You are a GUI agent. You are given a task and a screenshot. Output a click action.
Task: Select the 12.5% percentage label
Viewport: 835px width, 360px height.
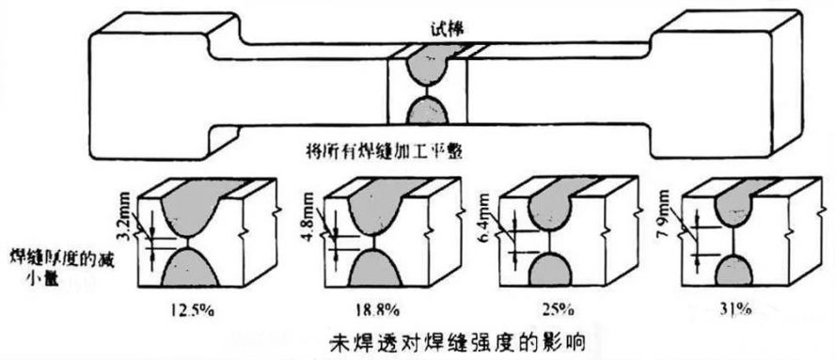pyautogui.click(x=194, y=309)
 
